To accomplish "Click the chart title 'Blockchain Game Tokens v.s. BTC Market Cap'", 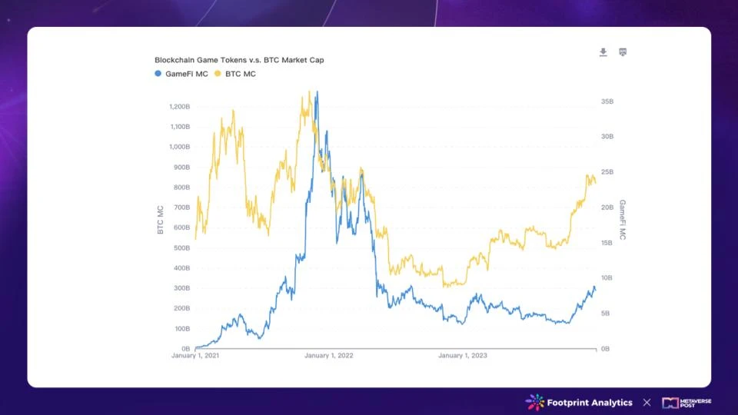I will (x=239, y=60).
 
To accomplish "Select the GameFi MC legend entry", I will (x=181, y=74).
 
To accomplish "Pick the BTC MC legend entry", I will (x=235, y=74).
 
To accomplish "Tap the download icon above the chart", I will (x=603, y=52).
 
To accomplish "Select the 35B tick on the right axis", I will (x=607, y=101).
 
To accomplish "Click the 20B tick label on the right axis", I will (x=607, y=207).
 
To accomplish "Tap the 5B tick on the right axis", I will (x=606, y=314).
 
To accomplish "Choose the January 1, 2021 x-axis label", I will (x=195, y=356).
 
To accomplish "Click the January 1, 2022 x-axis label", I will (x=329, y=356).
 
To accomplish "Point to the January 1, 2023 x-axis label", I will (x=463, y=356).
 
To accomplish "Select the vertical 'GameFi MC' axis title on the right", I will (x=623, y=221).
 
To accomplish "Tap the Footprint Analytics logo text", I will (x=589, y=403).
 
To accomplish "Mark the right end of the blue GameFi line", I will (x=595, y=289).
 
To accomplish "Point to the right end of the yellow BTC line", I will (x=595, y=182).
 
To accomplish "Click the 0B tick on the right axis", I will (x=606, y=349).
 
